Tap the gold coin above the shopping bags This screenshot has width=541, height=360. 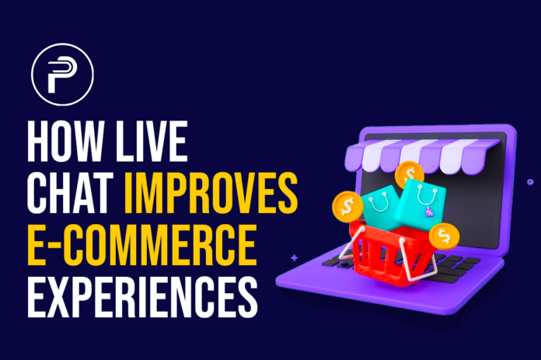point(407,173)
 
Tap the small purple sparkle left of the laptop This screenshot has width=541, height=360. point(294,257)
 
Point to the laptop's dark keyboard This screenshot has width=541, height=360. point(466,260)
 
